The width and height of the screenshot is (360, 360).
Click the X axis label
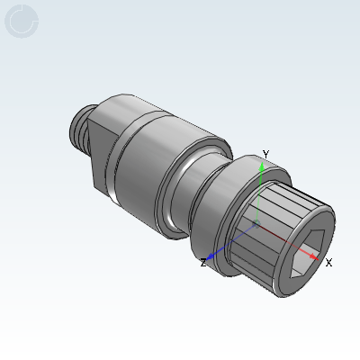click(328, 263)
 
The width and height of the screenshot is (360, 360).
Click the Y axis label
click(265, 155)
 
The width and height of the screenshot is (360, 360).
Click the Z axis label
click(203, 263)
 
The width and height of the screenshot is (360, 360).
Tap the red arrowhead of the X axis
click(314, 256)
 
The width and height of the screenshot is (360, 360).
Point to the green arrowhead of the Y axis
click(262, 166)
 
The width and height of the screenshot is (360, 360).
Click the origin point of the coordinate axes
click(256, 223)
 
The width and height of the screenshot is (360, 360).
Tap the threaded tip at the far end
click(78, 129)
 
